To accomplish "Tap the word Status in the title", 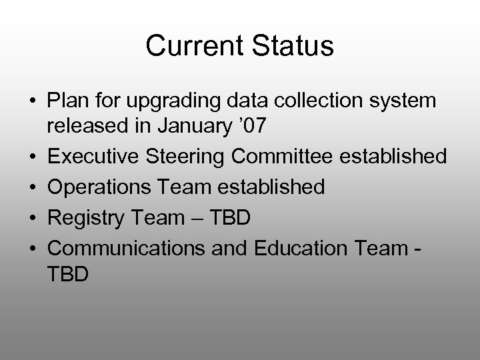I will coord(291,46).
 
